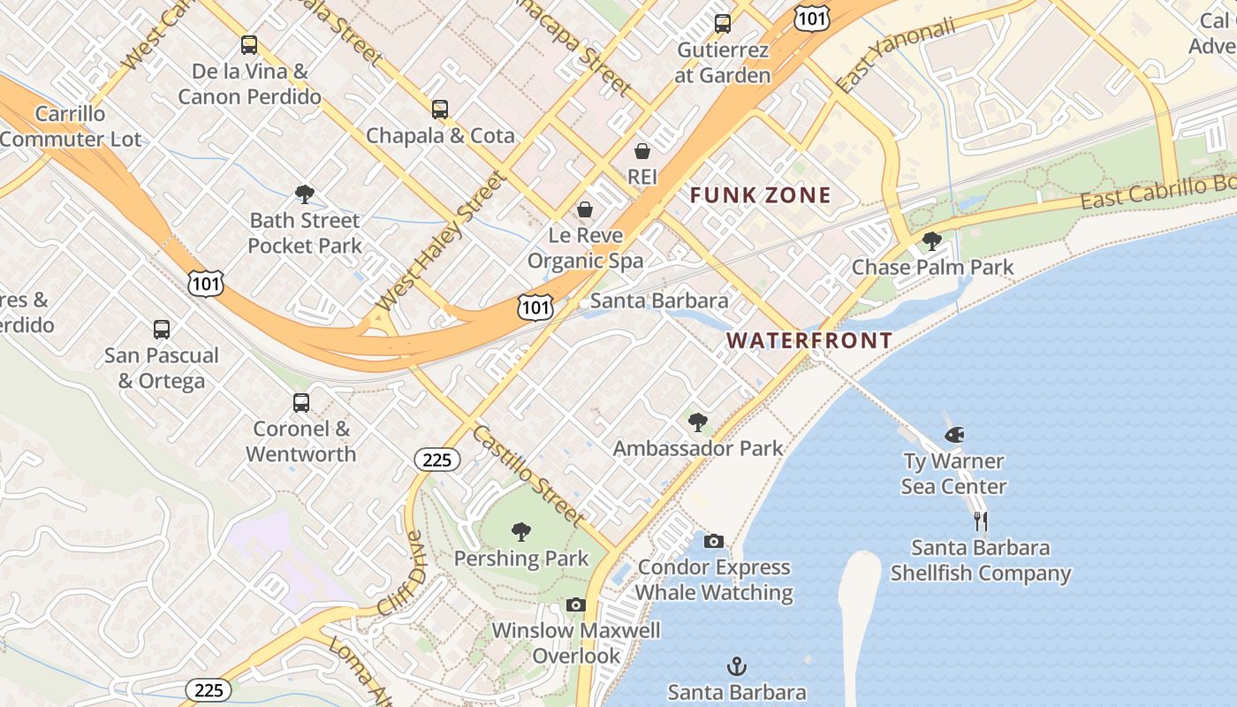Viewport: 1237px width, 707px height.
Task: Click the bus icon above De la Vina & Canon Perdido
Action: point(249,45)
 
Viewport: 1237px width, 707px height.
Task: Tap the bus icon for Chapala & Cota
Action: point(440,110)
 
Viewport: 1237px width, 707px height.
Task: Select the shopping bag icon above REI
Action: point(642,151)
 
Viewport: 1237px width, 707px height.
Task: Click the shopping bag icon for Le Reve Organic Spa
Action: point(585,209)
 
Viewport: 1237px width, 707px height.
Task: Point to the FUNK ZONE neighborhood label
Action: point(760,195)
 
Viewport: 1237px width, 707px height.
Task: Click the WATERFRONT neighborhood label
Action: point(809,340)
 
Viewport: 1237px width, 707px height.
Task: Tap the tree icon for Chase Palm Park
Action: point(931,240)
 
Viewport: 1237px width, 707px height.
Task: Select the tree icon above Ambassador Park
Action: point(698,422)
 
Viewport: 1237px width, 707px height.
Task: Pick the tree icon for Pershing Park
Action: point(521,532)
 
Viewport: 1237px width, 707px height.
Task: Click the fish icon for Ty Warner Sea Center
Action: point(953,435)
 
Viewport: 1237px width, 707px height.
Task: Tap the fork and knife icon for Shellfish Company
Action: point(980,521)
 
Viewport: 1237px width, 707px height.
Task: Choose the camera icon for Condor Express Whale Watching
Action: point(714,541)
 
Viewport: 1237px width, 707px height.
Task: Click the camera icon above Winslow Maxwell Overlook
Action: point(576,604)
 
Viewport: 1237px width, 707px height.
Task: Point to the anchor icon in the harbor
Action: point(737,666)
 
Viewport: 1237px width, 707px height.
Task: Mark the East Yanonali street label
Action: point(896,55)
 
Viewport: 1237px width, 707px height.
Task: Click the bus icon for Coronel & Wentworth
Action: point(301,403)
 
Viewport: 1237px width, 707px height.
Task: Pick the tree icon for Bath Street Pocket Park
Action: point(305,194)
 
